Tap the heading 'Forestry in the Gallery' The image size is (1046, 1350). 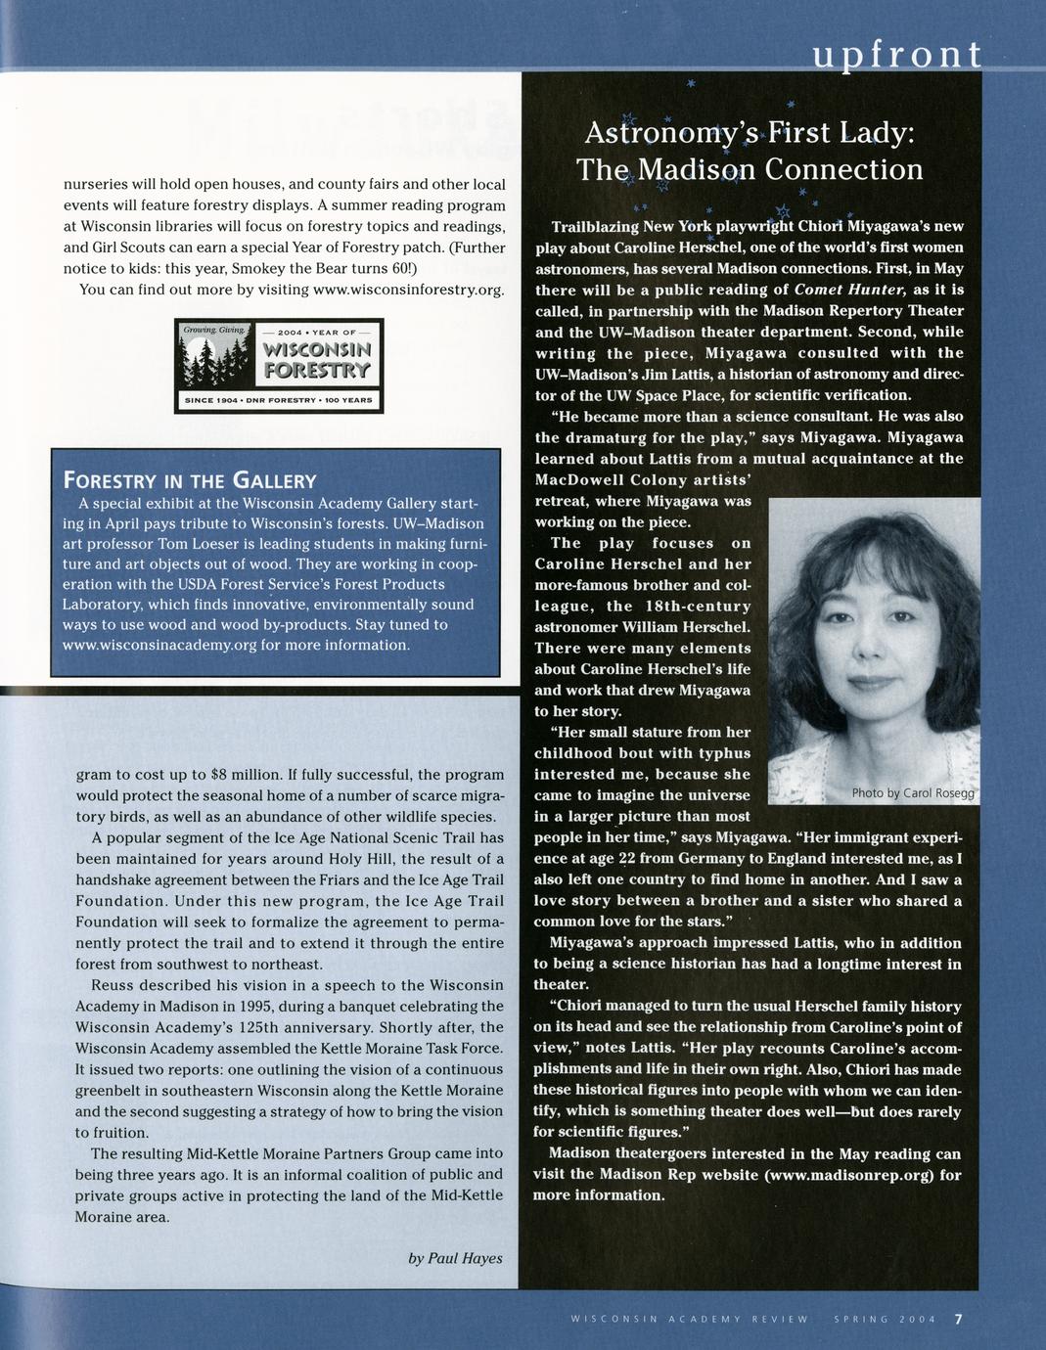coord(189,480)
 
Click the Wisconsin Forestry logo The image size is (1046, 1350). coord(279,366)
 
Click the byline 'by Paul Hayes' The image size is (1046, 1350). coord(455,1257)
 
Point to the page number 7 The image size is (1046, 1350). coord(959,1318)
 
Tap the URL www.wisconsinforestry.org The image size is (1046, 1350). coord(407,290)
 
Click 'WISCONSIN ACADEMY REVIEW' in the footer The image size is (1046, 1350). coord(690,1319)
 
